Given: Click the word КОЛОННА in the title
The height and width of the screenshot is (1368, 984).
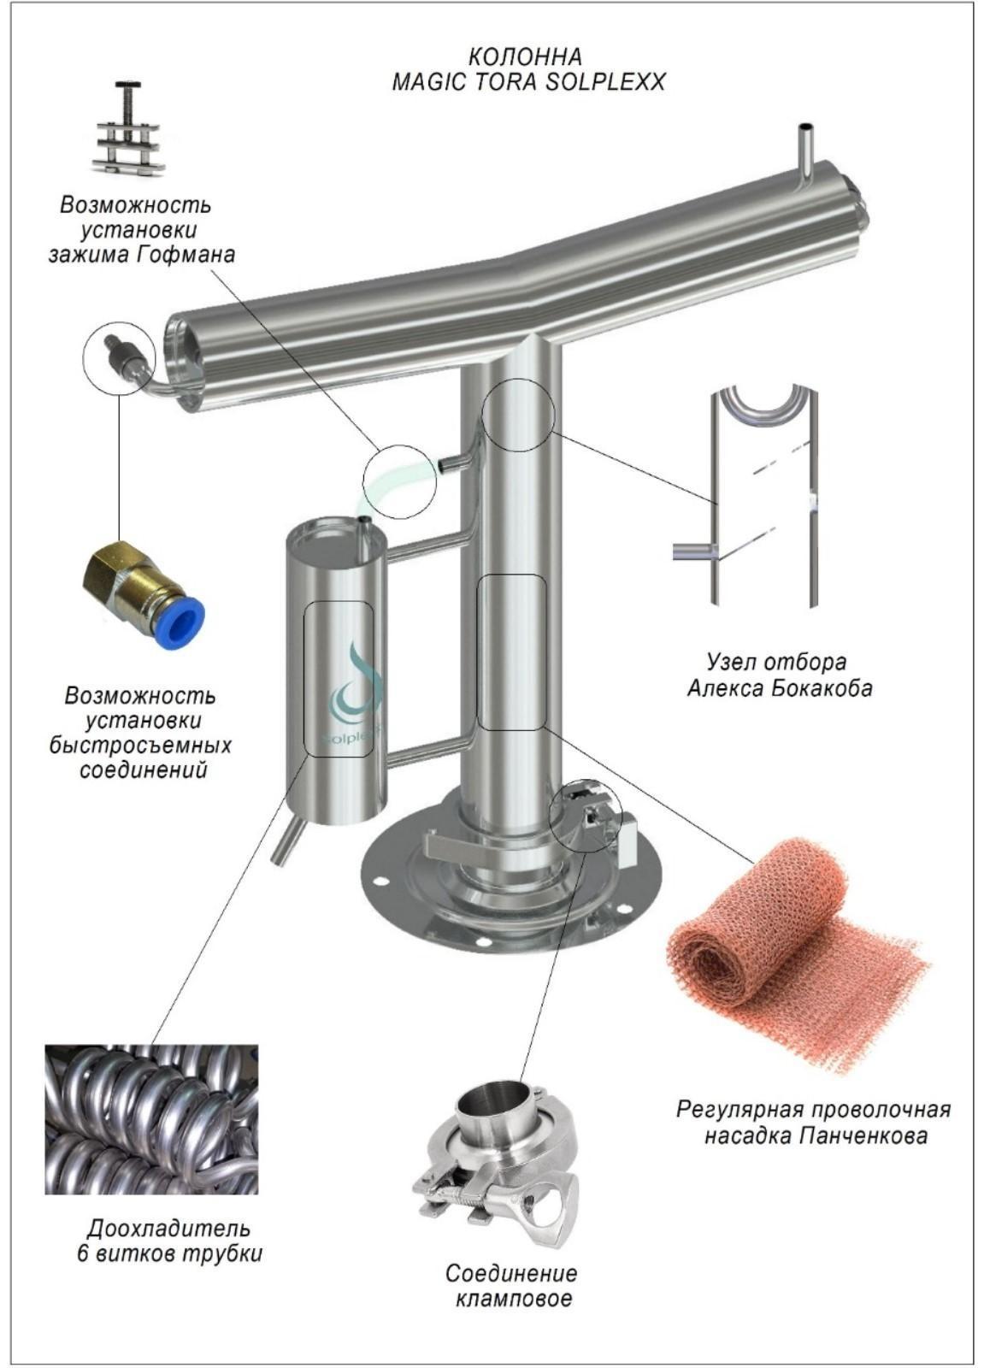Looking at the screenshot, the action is tap(525, 56).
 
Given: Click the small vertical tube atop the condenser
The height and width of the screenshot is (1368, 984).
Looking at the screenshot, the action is tap(807, 150).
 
